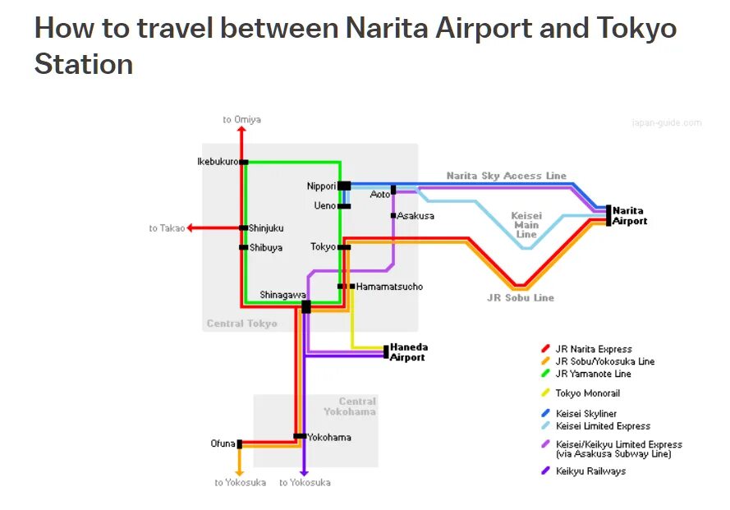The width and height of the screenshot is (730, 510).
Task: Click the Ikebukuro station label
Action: tap(217, 162)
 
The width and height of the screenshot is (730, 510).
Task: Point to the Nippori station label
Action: tap(321, 186)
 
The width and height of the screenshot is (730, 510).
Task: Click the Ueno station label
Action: tap(325, 206)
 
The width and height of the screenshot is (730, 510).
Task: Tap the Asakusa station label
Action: tap(416, 216)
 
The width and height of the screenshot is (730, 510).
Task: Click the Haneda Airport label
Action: tap(408, 352)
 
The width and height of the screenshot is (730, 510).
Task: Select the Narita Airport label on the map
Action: tap(630, 216)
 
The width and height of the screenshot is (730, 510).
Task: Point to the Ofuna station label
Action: tap(223, 444)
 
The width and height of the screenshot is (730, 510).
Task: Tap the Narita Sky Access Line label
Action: tap(506, 176)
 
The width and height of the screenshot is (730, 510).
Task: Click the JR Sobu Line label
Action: tap(521, 298)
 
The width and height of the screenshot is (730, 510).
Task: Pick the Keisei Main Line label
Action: tap(526, 225)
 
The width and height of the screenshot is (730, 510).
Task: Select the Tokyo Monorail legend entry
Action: tap(587, 393)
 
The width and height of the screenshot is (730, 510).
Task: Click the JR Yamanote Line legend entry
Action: tap(593, 374)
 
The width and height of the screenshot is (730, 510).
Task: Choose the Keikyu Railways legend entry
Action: tap(590, 471)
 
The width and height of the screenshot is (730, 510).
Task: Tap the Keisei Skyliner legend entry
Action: tap(585, 414)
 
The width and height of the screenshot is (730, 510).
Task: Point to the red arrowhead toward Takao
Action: tap(191, 228)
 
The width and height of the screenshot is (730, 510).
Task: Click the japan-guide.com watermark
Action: tap(666, 123)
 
